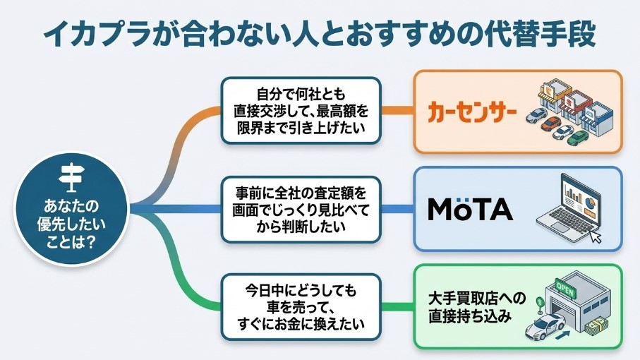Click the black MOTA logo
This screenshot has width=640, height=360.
click(471, 209)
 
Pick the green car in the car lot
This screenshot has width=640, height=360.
click(579, 136)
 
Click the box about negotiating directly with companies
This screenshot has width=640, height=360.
click(301, 110)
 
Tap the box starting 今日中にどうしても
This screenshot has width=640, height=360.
click(301, 308)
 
